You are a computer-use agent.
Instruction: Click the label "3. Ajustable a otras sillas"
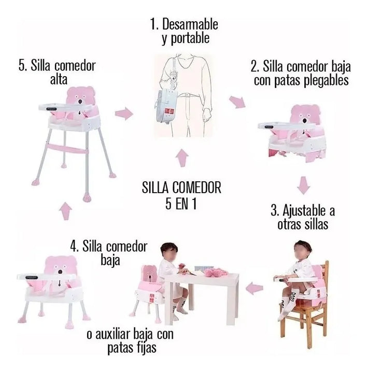(x=303, y=218)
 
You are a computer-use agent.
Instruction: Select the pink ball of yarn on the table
(x=218, y=270)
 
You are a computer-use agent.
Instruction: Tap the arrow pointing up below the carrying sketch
(x=181, y=159)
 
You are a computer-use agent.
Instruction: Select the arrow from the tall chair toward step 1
(x=123, y=113)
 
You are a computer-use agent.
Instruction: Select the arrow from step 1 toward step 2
(x=237, y=102)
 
